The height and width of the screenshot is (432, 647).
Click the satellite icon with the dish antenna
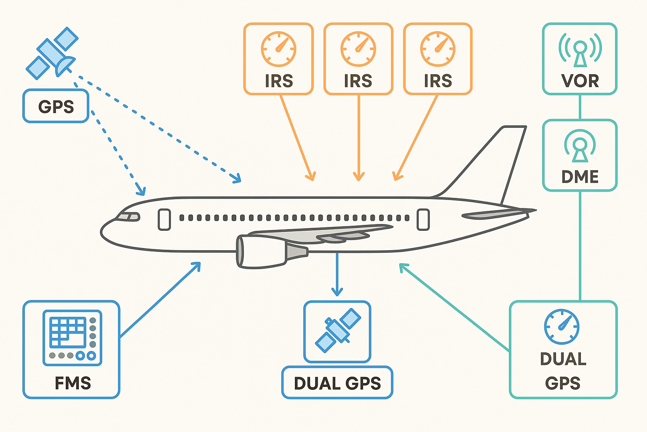pyautogui.click(x=52, y=53)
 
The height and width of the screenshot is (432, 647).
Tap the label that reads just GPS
pyautogui.click(x=56, y=106)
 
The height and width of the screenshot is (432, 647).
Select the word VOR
pyautogui.click(x=580, y=81)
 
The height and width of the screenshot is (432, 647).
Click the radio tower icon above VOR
pyautogui.click(x=580, y=49)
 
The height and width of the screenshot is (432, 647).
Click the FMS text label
pyautogui.click(x=73, y=383)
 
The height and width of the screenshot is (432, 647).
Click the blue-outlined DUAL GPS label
pyautogui.click(x=337, y=383)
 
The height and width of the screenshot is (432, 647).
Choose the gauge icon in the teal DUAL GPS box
pyautogui.click(x=561, y=327)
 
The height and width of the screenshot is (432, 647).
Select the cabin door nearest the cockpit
pyautogui.click(x=164, y=219)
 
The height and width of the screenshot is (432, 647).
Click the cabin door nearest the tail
pyautogui.click(x=423, y=219)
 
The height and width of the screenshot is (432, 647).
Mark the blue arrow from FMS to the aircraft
pyautogui.click(x=160, y=300)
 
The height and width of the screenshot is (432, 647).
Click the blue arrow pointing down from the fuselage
pyautogui.click(x=337, y=274)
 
